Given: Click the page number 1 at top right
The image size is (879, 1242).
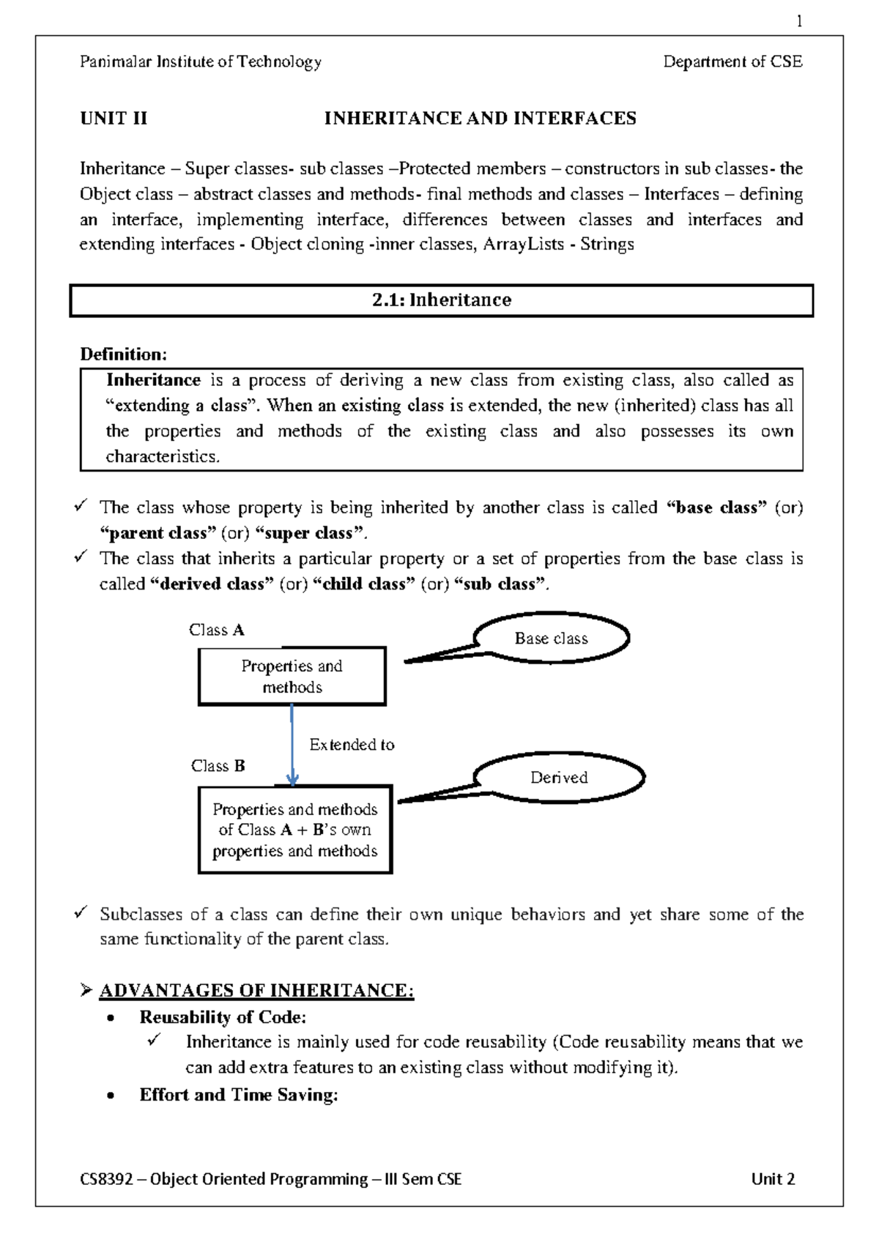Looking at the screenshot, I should (799, 22).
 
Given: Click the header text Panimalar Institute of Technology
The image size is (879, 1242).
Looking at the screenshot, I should (201, 62).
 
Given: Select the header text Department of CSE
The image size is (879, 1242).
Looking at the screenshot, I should (732, 62).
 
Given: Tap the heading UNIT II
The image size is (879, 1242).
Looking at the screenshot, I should (114, 119).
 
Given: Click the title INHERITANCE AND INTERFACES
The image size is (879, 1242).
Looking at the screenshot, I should (480, 119).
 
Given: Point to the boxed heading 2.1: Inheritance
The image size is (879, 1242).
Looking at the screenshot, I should (441, 300).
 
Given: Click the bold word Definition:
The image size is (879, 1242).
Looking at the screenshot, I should (123, 354).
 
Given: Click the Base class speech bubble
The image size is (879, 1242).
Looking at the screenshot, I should (551, 639).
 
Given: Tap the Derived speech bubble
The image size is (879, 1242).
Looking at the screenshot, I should (559, 778).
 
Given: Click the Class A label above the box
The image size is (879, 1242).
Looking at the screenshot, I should (216, 631).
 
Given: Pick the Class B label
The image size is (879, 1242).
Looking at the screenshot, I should (218, 766).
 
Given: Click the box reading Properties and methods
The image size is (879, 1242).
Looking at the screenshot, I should (292, 677).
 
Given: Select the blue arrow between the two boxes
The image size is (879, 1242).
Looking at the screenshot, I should (292, 743).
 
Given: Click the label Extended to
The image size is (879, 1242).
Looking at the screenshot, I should (352, 745).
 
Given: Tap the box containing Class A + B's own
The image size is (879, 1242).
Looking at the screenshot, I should (294, 830).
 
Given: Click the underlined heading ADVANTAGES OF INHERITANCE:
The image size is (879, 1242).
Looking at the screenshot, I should (256, 991).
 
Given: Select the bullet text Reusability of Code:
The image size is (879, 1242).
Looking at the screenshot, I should (223, 1017).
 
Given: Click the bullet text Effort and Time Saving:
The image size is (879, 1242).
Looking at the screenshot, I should (239, 1095).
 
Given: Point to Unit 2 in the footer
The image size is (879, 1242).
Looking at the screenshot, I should (773, 1179).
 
